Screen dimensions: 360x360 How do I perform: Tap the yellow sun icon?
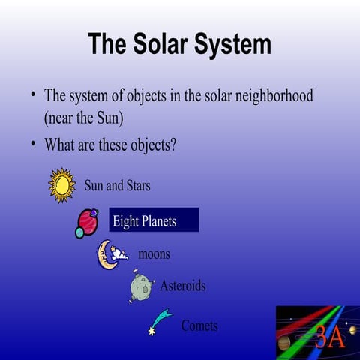click(x=61, y=185)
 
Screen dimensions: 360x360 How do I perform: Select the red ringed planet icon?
click(x=88, y=221)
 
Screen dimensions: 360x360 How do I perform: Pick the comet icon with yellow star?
click(x=160, y=319)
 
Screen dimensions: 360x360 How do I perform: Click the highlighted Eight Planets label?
click(x=154, y=220)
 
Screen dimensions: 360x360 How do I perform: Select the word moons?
click(x=154, y=254)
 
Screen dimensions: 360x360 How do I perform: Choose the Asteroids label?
click(x=182, y=286)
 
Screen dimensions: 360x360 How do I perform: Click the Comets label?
click(x=199, y=325)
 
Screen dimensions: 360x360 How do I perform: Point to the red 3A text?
click(x=329, y=337)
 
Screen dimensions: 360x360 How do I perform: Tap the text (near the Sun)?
click(x=83, y=118)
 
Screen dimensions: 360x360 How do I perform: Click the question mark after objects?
click(x=173, y=144)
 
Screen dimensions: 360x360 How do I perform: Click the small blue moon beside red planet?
click(x=79, y=233)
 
